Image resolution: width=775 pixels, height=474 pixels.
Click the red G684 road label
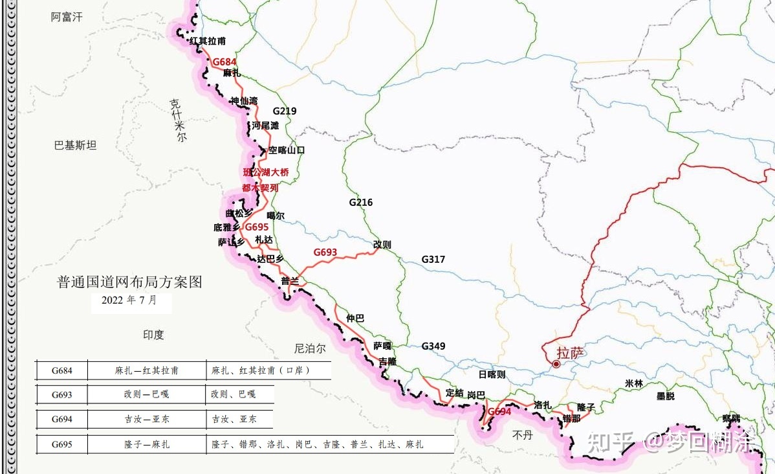coord(224,62)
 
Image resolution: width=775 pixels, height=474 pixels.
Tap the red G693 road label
coord(325,252)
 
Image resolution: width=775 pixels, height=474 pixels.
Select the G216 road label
coord(360,202)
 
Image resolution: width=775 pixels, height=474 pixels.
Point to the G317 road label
coord(433,259)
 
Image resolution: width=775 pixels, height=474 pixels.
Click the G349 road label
coord(433,346)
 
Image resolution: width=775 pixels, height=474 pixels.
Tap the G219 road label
coord(284,111)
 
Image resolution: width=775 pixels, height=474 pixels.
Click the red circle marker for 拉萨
coord(556,365)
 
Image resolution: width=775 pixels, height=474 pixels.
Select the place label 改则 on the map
coord(382,244)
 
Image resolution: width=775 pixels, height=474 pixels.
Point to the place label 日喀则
coord(492,374)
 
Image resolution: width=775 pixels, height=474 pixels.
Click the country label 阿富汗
coord(67,17)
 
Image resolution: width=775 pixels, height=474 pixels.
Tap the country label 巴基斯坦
coord(75,145)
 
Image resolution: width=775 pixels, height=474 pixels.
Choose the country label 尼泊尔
coord(309,348)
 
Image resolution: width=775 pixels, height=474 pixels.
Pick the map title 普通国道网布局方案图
coord(129,282)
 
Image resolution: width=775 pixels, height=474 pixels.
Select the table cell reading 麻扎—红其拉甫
coord(147,371)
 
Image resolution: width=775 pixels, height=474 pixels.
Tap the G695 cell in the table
coord(62,444)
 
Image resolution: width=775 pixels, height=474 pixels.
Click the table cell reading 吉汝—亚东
coord(147,419)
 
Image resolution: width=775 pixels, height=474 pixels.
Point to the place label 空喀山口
coord(287,150)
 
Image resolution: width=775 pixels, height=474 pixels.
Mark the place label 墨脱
coord(665,396)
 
